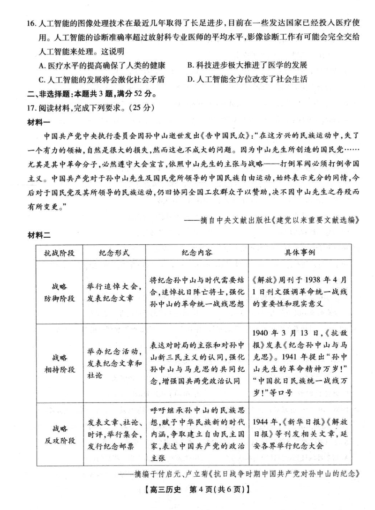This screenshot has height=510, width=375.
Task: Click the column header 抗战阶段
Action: (x=60, y=253)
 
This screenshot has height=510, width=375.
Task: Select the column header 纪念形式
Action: (x=114, y=253)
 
